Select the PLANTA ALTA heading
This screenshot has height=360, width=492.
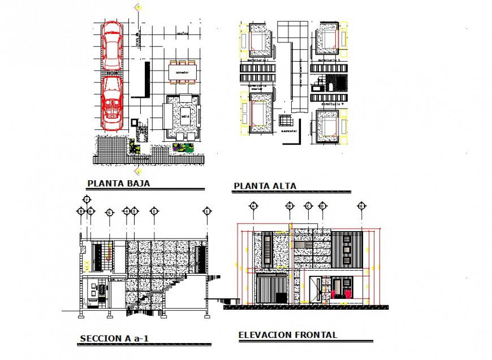point(265,186)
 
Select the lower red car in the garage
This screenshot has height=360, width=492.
point(113,102)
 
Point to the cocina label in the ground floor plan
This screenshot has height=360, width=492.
point(182,33)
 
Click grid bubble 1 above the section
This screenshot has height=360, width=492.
point(208,211)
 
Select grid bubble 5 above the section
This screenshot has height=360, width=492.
point(110,212)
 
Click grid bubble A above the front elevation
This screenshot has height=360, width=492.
point(253,206)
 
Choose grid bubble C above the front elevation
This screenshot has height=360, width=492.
point(308,206)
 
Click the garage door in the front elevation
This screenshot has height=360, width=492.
point(271,288)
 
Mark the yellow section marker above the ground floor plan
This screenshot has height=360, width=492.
point(137,7)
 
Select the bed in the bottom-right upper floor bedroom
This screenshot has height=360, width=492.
point(328,125)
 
